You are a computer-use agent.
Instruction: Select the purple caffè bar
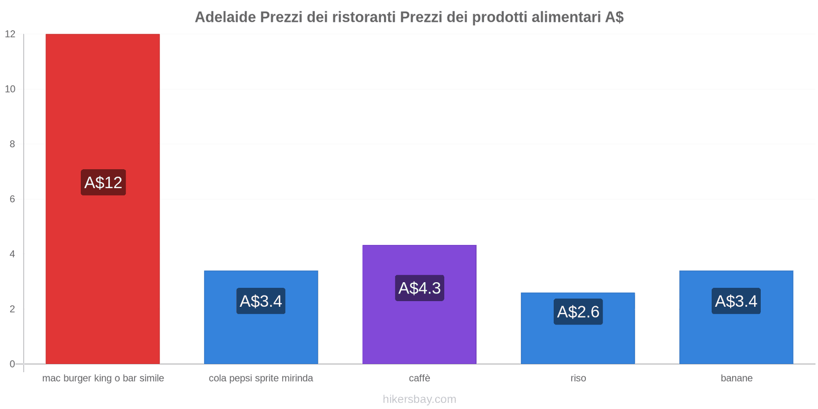coord(419,332)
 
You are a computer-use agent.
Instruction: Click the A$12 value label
coord(103,183)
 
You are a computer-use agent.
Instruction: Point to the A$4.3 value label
coord(419,288)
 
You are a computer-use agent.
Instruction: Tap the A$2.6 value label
coord(578,311)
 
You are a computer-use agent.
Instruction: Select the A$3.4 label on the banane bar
coord(736,301)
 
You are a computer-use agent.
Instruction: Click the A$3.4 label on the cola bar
coord(261,301)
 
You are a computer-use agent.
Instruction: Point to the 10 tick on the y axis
coord(10,89)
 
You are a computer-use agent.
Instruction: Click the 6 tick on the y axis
coord(12,199)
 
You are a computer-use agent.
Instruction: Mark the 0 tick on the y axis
coord(12,364)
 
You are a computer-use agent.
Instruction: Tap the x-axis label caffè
coord(419,378)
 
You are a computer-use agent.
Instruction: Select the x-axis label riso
coord(578,378)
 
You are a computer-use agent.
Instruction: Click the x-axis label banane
coord(736,378)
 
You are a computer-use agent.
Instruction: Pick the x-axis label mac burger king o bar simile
coord(103,378)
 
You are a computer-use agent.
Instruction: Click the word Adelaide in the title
coord(225,17)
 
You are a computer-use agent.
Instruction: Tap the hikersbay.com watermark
coord(419,399)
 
